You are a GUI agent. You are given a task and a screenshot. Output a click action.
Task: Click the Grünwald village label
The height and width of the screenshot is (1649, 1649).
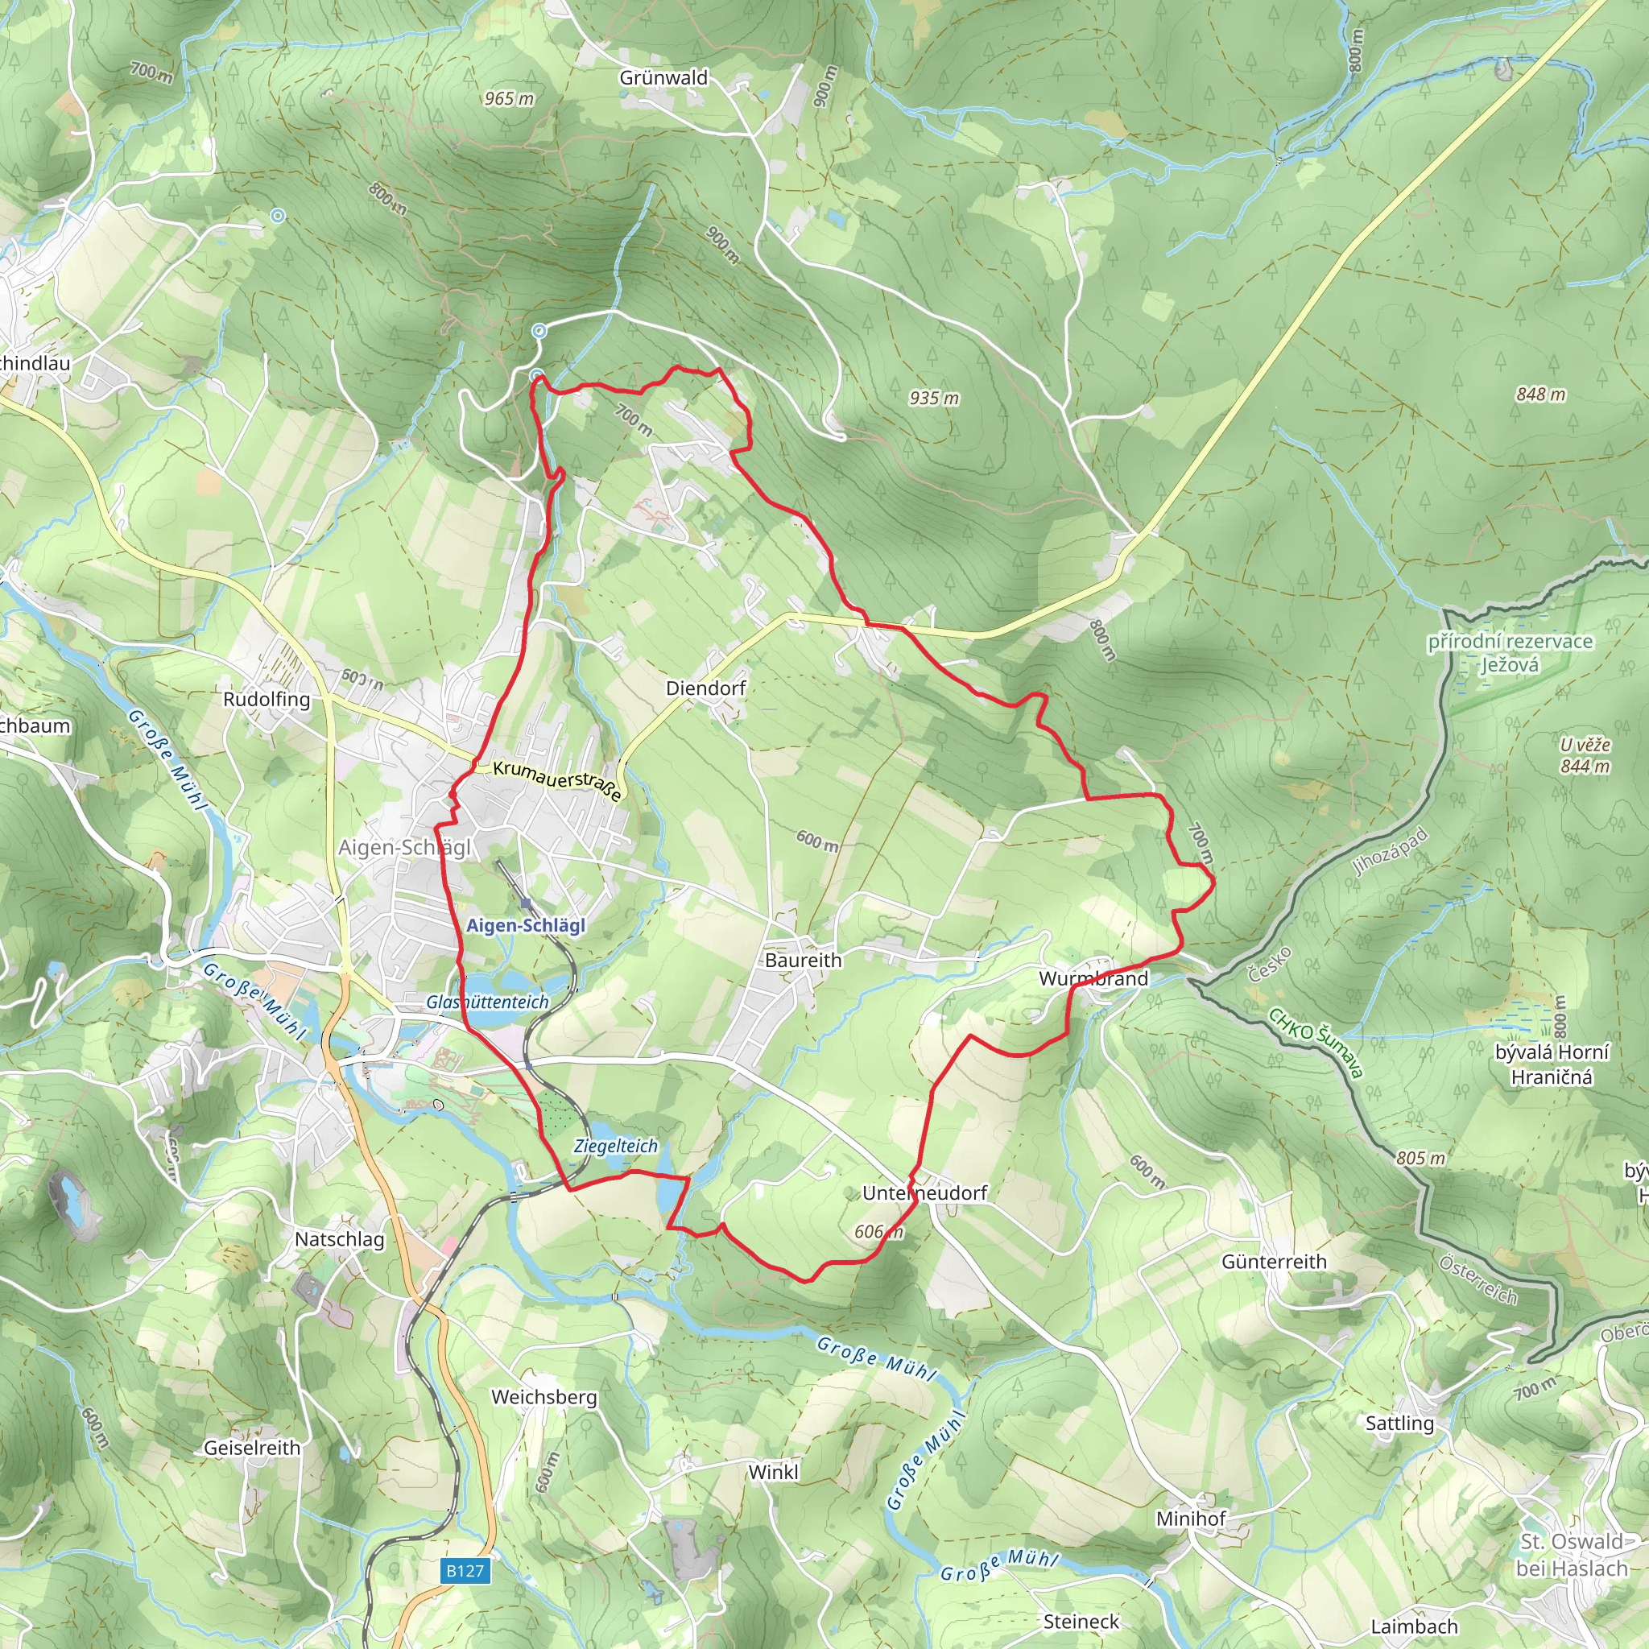tap(663, 77)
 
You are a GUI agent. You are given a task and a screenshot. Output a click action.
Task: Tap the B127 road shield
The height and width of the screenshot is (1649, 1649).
tap(465, 1570)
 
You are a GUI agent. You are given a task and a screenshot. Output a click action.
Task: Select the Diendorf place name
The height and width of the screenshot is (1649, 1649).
tap(706, 688)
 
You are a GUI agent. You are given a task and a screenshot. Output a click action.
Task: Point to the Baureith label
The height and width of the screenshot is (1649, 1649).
tap(803, 961)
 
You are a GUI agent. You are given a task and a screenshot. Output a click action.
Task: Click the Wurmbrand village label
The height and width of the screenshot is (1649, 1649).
tap(1093, 978)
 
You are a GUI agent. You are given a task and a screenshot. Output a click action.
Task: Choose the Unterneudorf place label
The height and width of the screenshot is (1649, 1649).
tap(924, 1192)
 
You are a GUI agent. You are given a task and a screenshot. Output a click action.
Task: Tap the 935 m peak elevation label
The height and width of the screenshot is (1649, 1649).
tap(934, 398)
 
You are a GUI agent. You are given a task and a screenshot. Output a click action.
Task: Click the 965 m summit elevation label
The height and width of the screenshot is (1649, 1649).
tap(509, 99)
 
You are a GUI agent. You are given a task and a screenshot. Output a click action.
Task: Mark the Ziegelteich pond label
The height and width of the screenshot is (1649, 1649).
tap(615, 1147)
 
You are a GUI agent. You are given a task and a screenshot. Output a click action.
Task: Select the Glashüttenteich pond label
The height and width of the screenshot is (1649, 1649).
tap(487, 1002)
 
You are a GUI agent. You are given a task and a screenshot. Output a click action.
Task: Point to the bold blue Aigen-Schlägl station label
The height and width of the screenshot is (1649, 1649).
tap(526, 925)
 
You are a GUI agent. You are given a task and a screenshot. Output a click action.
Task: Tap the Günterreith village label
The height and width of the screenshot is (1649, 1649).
tap(1275, 1262)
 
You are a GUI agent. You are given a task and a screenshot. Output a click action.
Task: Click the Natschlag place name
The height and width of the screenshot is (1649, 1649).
tap(340, 1238)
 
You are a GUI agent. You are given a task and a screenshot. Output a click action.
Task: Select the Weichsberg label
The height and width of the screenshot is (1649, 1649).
tap(543, 1397)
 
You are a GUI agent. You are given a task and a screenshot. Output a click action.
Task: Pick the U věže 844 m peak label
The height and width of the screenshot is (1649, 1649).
tap(1585, 755)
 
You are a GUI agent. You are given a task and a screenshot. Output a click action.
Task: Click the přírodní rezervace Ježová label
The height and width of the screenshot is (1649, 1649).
tap(1510, 653)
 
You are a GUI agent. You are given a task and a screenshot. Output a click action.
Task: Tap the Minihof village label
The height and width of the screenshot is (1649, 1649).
tap(1191, 1519)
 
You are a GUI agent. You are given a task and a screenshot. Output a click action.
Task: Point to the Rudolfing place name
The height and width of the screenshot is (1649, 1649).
tap(267, 699)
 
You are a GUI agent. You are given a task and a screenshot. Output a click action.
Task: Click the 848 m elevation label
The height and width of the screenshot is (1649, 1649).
tap(1540, 395)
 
